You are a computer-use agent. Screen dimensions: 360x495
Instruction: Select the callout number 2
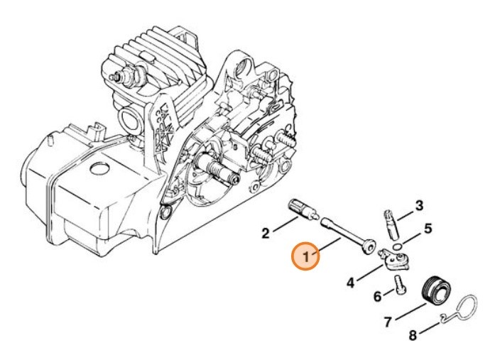[x=265, y=232]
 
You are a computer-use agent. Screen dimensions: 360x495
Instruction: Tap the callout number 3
[x=419, y=206]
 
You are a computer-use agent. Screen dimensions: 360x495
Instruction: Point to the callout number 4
[x=351, y=283]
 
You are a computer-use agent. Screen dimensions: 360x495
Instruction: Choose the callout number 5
[x=428, y=229]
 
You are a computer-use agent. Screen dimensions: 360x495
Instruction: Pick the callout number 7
[x=388, y=322]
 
